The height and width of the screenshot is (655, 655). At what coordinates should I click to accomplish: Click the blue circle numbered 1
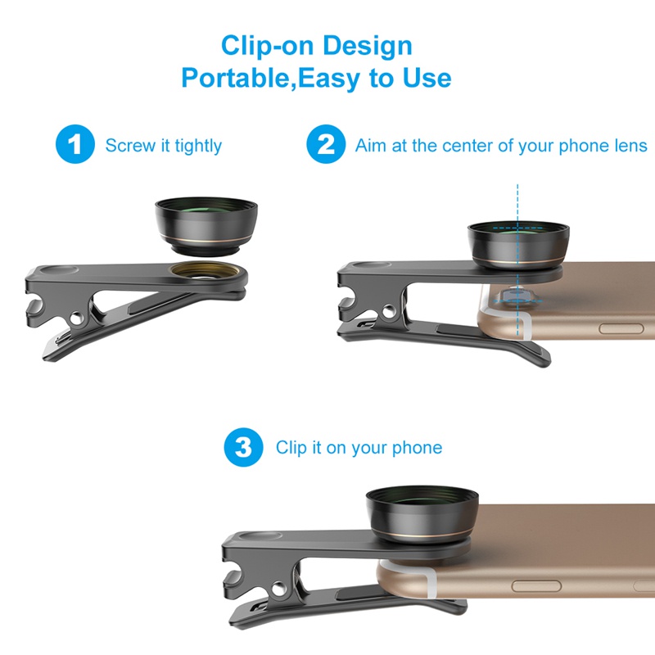point(76,146)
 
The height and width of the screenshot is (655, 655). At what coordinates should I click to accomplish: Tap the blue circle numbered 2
point(326,146)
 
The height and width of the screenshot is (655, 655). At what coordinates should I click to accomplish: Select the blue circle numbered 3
point(244,448)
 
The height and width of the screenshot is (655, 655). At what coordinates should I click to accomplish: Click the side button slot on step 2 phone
point(626,327)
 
